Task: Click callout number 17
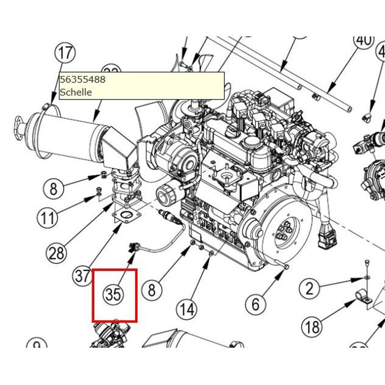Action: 65,52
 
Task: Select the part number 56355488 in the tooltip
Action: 82,79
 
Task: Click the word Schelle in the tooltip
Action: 76,92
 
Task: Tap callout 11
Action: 48,218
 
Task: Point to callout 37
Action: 83,276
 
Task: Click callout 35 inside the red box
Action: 114,295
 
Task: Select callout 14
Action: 187,309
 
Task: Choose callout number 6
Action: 256,304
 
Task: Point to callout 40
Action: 363,40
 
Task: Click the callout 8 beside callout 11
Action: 54,189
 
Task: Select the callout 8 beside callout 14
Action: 152,289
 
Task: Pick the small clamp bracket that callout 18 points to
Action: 363,297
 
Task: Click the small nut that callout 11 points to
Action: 98,190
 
